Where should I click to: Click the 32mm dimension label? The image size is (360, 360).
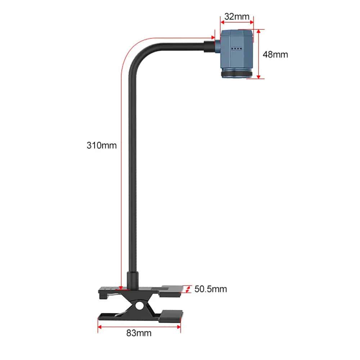point(237,17)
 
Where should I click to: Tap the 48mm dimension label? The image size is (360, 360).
point(275,55)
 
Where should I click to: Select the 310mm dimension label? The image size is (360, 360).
point(102,145)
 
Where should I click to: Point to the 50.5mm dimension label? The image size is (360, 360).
point(211,289)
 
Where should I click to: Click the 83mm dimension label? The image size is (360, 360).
point(139,333)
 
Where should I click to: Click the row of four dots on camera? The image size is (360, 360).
point(237,49)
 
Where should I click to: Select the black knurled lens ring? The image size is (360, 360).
point(237,74)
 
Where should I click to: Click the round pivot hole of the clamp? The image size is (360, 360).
point(139,306)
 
